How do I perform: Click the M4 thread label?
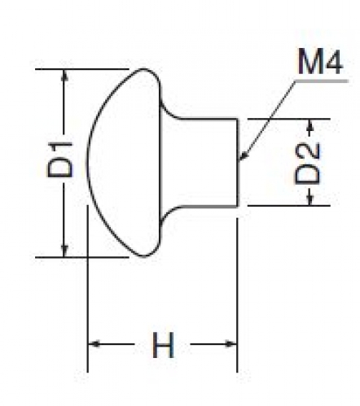tap(320, 62)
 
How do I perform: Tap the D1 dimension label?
tap(59, 160)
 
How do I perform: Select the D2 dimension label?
tap(307, 164)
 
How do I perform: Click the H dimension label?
tap(163, 344)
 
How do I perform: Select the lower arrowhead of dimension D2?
tap(310, 199)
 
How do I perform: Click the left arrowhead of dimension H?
tap(94, 344)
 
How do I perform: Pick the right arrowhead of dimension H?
tap(231, 344)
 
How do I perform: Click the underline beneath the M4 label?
tap(322, 81)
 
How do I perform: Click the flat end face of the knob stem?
tap(238, 163)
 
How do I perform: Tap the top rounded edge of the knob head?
tap(144, 69)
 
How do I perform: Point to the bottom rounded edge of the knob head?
tap(144, 256)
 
